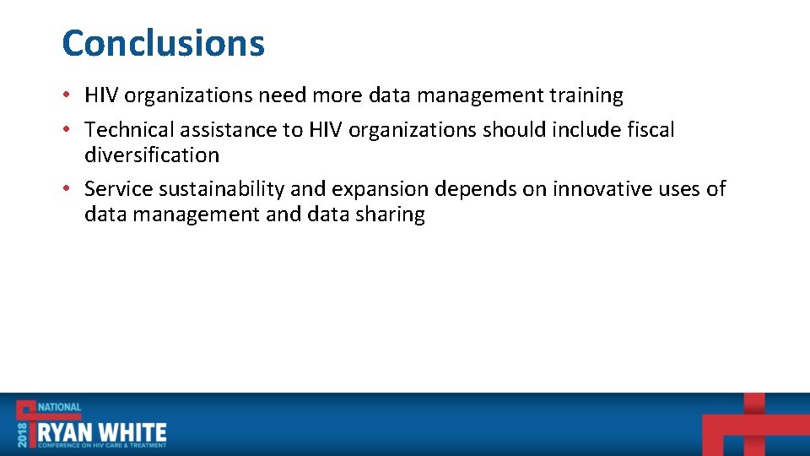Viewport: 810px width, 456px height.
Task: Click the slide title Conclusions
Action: pyautogui.click(x=163, y=43)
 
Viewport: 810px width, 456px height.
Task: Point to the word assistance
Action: pyautogui.click(x=226, y=129)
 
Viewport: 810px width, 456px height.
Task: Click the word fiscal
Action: pyautogui.click(x=652, y=129)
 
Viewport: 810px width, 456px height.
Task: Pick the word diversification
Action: pyautogui.click(x=152, y=155)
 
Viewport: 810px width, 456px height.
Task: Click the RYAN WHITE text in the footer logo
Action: pyautogui.click(x=100, y=432)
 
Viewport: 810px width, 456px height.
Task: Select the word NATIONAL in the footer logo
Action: pyautogui.click(x=59, y=407)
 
